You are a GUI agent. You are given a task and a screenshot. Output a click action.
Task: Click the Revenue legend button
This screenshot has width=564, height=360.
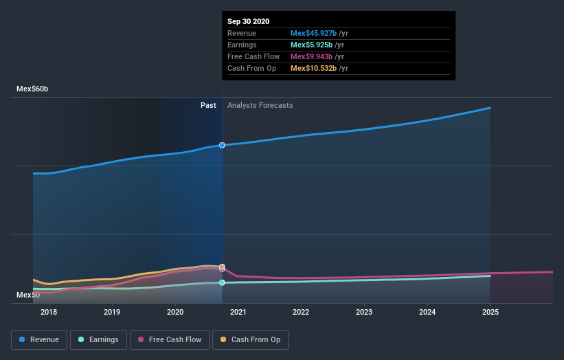tap(39, 339)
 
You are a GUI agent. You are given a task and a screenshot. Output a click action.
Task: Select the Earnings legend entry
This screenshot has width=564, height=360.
tap(98, 339)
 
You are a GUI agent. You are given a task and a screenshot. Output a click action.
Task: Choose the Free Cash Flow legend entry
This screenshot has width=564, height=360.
tap(169, 339)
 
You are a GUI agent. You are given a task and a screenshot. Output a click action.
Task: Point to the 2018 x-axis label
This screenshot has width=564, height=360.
tap(49, 312)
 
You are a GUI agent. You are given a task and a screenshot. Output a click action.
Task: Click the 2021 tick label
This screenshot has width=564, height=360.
tap(238, 312)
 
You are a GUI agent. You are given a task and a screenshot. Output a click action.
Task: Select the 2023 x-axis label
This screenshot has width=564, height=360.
tap(364, 312)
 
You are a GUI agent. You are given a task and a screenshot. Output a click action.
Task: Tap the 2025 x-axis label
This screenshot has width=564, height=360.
tap(490, 312)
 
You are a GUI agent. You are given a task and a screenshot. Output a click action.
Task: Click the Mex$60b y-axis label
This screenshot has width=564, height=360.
tap(32, 89)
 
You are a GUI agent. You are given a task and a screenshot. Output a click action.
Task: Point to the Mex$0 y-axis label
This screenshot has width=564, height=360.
tap(27, 295)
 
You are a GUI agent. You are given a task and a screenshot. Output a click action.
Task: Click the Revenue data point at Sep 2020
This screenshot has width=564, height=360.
tap(222, 145)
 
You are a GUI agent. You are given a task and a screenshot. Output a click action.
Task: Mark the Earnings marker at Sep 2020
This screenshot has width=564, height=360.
tap(222, 282)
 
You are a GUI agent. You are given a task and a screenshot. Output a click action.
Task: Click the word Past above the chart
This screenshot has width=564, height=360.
tap(208, 105)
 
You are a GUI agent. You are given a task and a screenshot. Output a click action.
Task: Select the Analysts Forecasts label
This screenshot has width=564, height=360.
tap(260, 105)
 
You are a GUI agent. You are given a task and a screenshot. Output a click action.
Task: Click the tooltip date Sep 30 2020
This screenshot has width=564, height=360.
tap(248, 21)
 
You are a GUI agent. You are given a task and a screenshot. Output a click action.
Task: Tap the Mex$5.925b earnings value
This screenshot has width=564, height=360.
tap(311, 45)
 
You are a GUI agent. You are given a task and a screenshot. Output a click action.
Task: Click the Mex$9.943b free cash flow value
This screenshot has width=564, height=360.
tap(311, 56)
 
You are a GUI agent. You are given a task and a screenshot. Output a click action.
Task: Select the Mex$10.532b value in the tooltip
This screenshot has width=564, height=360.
tap(313, 68)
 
